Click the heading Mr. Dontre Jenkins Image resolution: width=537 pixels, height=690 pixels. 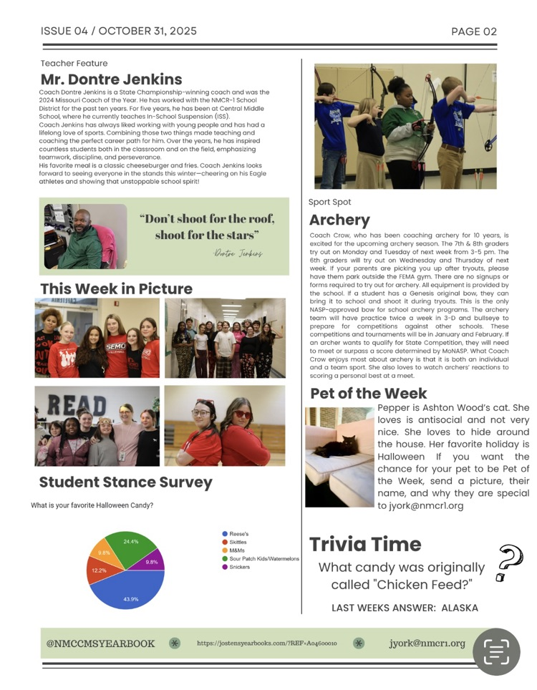(111, 79)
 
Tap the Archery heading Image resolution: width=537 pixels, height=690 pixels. (339, 220)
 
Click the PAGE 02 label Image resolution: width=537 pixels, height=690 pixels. (473, 31)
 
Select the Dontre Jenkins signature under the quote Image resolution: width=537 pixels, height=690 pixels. (238, 253)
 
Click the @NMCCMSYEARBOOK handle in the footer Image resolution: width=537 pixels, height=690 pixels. (100, 643)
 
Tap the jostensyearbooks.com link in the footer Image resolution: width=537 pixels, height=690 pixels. (266, 643)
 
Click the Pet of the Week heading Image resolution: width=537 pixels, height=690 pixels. (368, 394)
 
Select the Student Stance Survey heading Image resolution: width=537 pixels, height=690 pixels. (125, 482)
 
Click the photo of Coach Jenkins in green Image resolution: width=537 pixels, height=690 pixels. (85, 236)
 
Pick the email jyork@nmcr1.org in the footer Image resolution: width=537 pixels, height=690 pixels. (427, 643)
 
